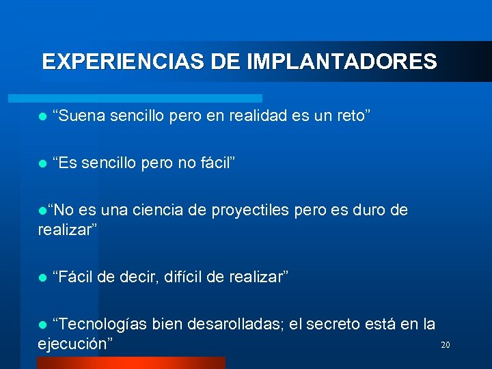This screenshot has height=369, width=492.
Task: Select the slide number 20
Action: [445, 345]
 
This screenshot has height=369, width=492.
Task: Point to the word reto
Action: [353, 116]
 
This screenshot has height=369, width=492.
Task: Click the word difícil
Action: [184, 276]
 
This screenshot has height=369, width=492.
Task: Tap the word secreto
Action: [340, 323]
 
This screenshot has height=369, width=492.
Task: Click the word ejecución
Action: [74, 343]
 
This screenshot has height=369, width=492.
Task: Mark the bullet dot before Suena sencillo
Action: [43, 117]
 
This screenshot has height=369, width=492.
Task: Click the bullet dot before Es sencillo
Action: [43, 164]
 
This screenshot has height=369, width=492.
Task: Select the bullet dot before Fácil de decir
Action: [43, 277]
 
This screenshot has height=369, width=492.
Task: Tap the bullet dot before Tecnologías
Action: [43, 324]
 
